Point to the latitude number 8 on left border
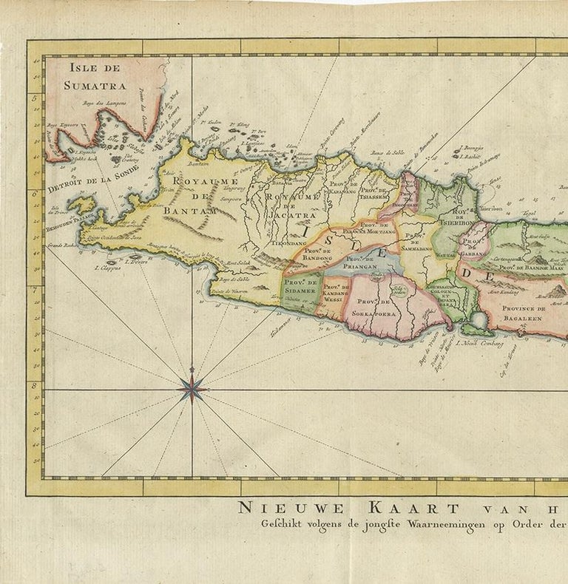[34, 385]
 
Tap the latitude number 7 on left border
[34, 290]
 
